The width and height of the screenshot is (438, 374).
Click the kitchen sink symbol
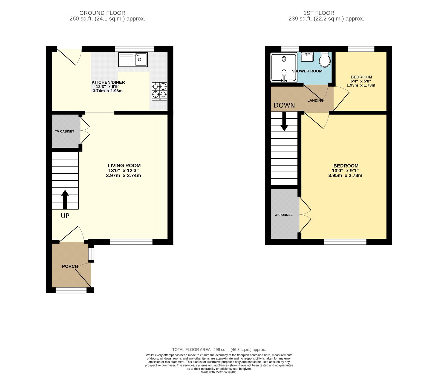[133, 59]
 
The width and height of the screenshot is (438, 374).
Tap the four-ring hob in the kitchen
[159, 92]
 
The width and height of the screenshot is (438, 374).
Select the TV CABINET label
[65, 132]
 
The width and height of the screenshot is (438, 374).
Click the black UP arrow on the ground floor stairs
[65, 199]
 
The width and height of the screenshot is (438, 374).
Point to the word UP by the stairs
[65, 216]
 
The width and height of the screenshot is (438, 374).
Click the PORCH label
[70, 266]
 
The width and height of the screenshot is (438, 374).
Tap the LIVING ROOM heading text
[124, 165]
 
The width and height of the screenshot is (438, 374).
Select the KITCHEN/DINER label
[108, 82]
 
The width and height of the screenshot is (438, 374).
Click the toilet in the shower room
[325, 60]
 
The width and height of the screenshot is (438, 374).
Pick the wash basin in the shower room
[307, 57]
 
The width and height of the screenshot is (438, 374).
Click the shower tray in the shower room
[284, 67]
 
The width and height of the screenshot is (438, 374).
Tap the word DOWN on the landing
[284, 105]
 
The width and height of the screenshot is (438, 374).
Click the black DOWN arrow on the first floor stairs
[284, 121]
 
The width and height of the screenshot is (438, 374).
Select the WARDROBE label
[284, 215]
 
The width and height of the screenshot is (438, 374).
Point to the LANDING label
[315, 101]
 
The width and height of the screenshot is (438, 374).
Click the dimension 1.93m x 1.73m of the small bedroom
[361, 85]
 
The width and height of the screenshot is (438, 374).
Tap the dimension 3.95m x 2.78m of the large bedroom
[345, 175]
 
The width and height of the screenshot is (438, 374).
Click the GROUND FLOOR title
[102, 13]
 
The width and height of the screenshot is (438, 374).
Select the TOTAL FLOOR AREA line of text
[219, 349]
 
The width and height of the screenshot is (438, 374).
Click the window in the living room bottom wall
[131, 242]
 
